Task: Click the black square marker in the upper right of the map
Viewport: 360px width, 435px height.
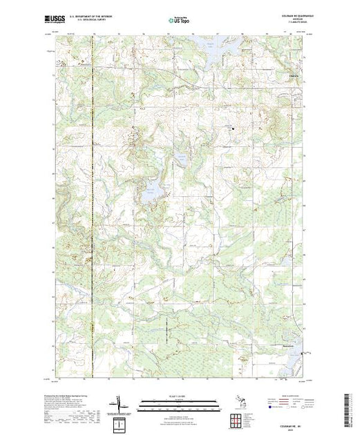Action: (x=233, y=127)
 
